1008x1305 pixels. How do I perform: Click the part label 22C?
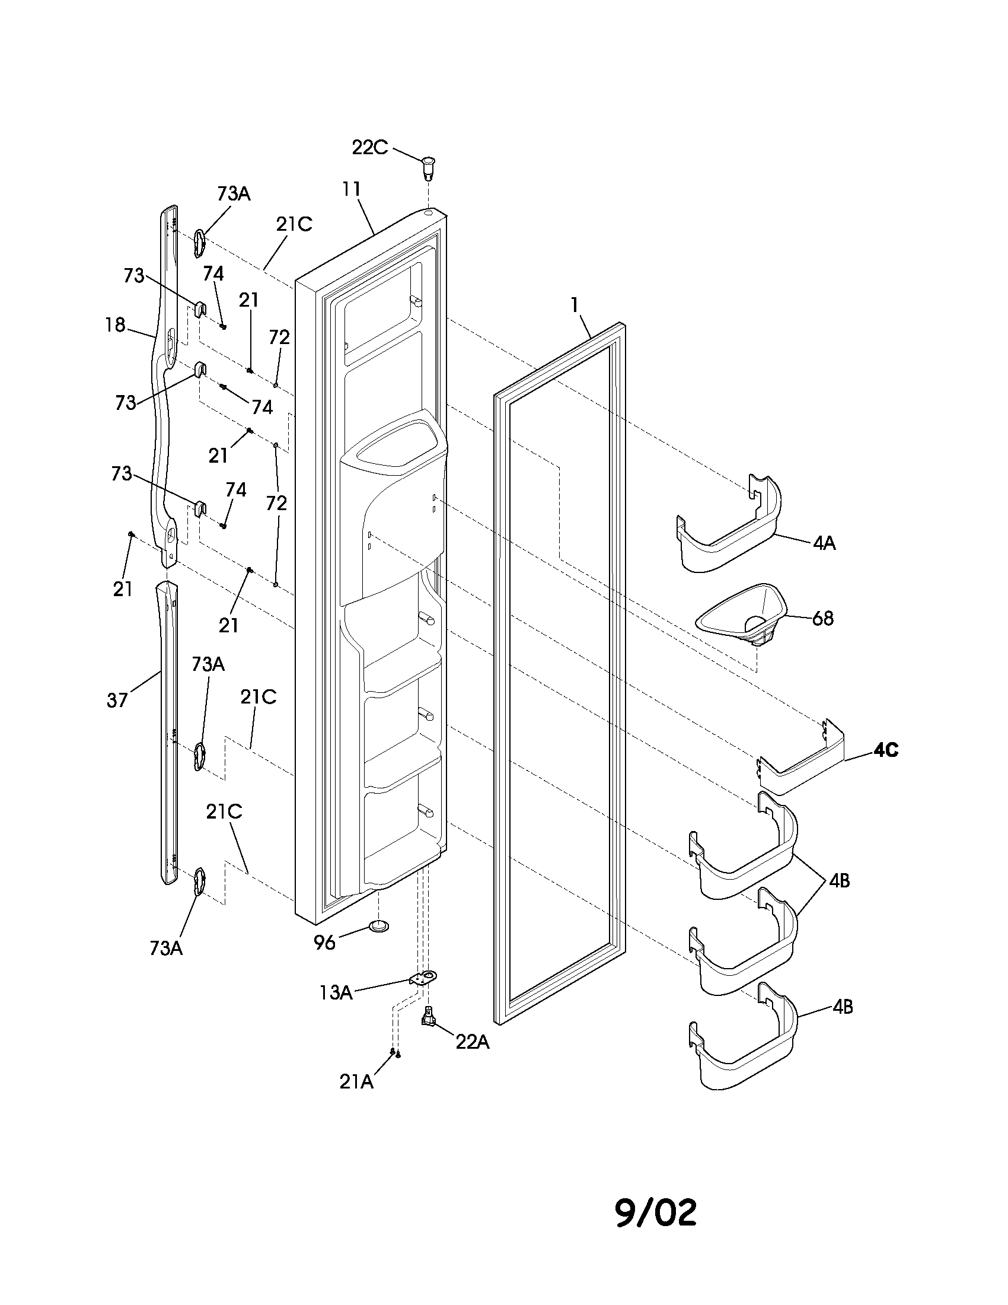click(369, 147)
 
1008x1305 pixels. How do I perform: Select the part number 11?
click(352, 189)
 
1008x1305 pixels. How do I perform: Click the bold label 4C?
click(886, 750)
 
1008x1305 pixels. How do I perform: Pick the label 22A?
click(473, 1042)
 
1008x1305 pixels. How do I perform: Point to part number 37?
click(117, 700)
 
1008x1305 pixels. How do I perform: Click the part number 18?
click(115, 325)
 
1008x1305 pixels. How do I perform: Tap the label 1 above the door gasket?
click(574, 305)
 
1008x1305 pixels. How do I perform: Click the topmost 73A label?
click(234, 193)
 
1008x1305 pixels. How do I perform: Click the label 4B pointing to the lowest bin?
click(843, 1007)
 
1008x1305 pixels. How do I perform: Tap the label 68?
click(823, 619)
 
